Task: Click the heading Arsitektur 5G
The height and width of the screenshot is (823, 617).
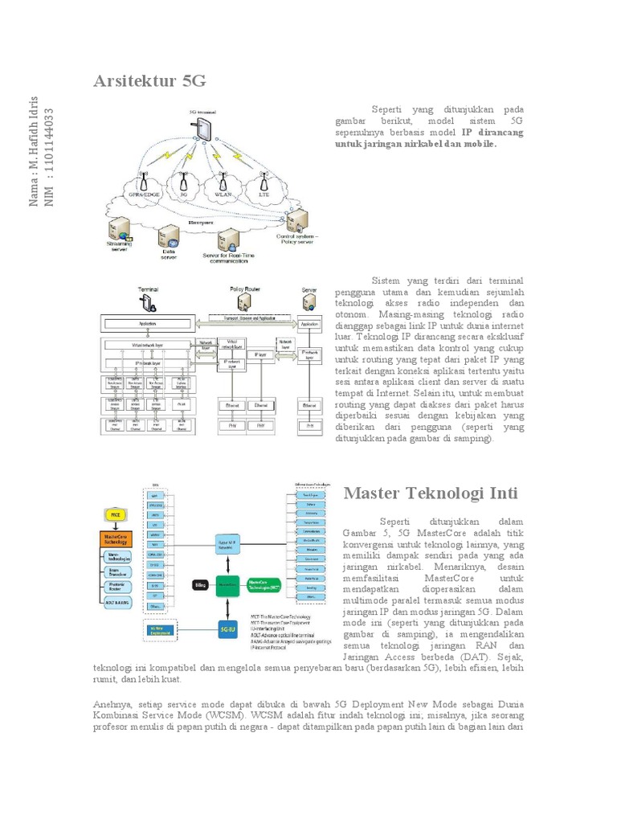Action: (150, 80)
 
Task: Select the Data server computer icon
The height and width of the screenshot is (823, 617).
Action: (169, 236)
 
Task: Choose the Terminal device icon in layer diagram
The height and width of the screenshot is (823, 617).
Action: (147, 303)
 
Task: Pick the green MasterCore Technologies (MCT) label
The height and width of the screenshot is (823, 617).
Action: (264, 584)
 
